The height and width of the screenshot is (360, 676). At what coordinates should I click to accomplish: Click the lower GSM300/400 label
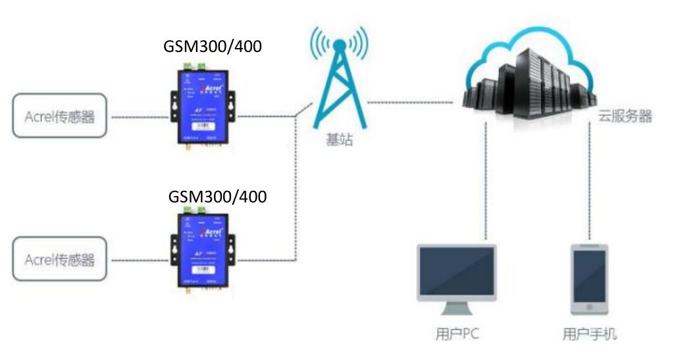[217, 196]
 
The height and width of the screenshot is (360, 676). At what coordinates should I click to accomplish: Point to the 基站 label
[339, 140]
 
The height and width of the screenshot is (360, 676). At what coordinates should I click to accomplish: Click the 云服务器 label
[625, 116]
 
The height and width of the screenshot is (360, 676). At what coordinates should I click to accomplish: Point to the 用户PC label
[457, 334]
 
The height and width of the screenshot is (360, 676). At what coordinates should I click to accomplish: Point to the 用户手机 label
[590, 334]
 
